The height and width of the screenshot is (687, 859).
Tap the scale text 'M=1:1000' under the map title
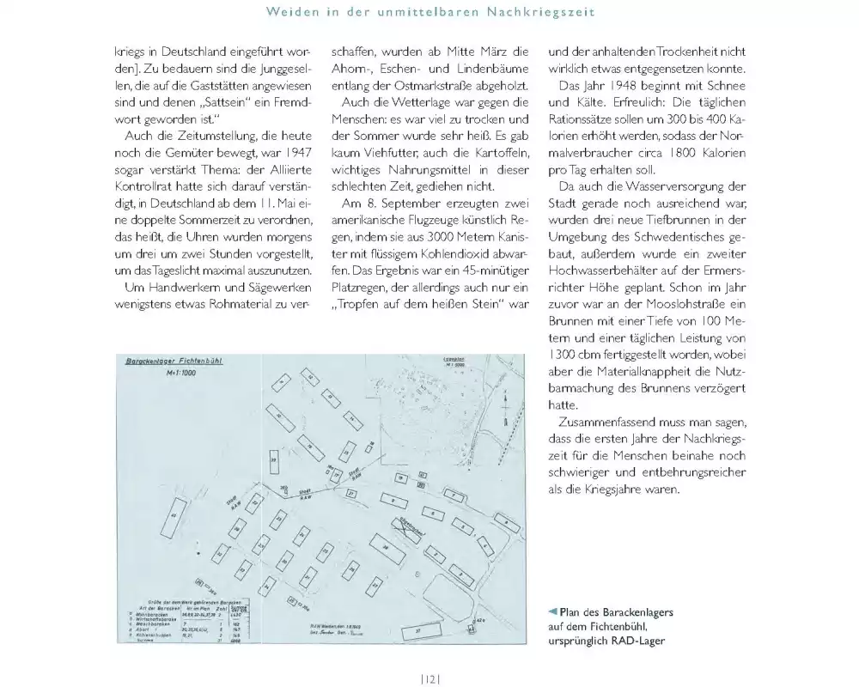[174, 374]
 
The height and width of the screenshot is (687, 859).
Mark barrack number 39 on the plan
[273, 460]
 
